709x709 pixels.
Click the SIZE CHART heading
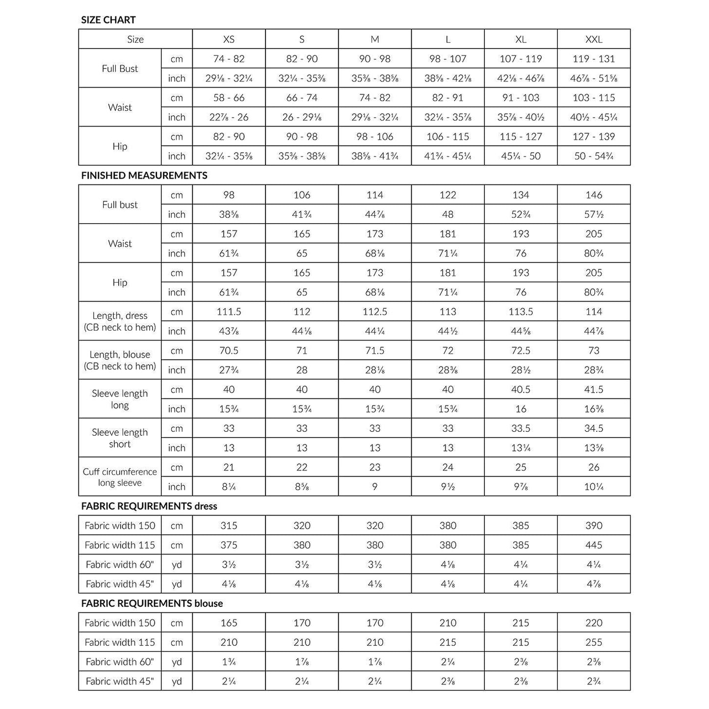108,20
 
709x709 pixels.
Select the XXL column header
594,39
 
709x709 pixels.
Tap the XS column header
229,39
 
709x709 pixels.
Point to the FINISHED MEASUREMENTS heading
144,176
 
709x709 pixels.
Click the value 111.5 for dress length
229,312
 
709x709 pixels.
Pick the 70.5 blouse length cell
229,351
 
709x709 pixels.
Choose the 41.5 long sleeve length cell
594,390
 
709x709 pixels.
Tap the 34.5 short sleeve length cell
594,428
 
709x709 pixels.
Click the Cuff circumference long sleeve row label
120,477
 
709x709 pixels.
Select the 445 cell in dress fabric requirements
594,545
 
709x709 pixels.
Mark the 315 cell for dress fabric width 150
229,525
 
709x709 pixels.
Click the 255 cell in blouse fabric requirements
594,642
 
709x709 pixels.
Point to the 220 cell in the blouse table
594,623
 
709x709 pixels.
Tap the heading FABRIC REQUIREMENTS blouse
152,604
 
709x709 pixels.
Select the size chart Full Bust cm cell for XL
521,59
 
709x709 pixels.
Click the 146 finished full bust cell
594,195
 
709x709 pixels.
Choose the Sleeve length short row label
120,438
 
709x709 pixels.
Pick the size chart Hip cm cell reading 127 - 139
594,136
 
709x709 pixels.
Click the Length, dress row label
120,321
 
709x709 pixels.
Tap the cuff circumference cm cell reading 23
375,467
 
